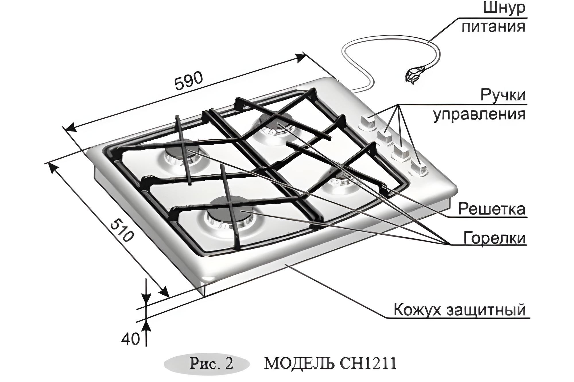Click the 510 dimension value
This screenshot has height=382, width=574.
[122, 234]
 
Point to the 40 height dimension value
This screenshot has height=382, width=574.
[130, 339]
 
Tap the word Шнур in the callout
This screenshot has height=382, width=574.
[504, 8]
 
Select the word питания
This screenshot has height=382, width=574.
[494, 27]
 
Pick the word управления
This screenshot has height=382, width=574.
[480, 114]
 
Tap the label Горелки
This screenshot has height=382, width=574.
[495, 238]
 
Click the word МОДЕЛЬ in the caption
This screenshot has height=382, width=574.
[299, 364]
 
